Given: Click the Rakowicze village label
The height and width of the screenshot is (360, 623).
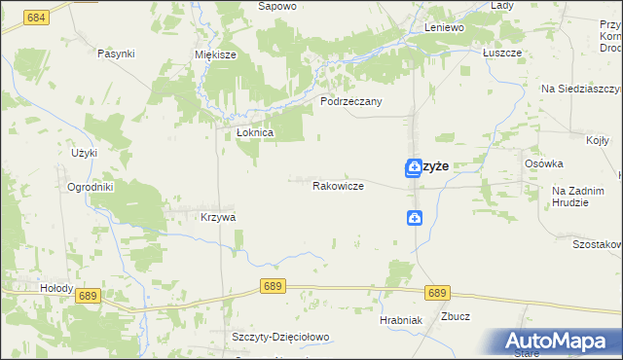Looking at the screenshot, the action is (x=338, y=185).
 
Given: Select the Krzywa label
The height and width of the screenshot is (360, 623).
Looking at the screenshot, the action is (x=218, y=218).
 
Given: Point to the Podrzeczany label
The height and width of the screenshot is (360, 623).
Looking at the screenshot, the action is (x=351, y=101).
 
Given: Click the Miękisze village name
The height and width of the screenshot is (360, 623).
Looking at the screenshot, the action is (x=216, y=55).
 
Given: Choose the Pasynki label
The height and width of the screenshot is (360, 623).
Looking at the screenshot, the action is (x=116, y=54).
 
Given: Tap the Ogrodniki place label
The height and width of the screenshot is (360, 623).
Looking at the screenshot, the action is (x=92, y=187).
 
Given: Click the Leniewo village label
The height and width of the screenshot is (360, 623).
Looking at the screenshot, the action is (x=444, y=28).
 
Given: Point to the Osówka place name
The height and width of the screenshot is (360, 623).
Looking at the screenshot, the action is (x=543, y=163).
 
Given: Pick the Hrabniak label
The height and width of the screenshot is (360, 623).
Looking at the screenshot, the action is (x=400, y=320).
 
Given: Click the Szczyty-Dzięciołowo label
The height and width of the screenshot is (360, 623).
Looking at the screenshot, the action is (x=281, y=337).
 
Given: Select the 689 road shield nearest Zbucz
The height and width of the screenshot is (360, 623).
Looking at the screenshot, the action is (x=437, y=292).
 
